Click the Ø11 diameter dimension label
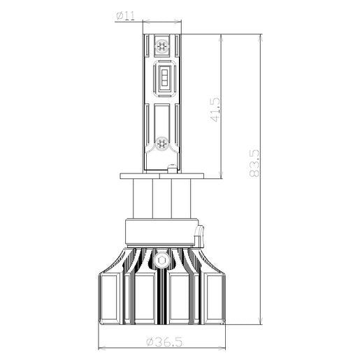[125, 16]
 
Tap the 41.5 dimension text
[215, 109]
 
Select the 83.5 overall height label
[254, 164]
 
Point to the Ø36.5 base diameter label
[164, 342]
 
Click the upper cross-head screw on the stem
[161, 45]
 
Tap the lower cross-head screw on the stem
[161, 143]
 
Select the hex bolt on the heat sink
[161, 260]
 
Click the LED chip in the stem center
[164, 76]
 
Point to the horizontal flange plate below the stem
[162, 176]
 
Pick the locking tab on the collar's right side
[200, 236]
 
